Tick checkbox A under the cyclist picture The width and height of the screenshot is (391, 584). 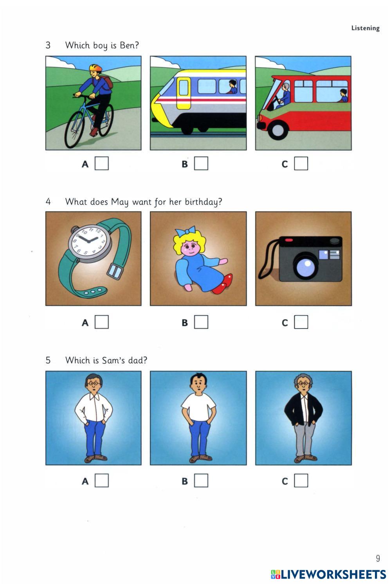tap(101, 164)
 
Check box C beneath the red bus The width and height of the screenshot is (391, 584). tap(301, 164)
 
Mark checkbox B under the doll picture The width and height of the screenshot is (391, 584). tap(201, 322)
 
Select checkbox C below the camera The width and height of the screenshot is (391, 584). tap(301, 322)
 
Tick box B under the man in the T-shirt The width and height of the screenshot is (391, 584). tap(201, 480)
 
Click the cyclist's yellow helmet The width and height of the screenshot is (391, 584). tap(95, 68)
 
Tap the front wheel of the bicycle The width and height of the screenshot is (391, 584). tap(74, 129)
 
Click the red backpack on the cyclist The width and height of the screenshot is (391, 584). tap(108, 82)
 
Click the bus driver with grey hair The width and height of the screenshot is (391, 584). tap(285, 94)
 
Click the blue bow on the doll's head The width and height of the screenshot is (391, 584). tap(186, 231)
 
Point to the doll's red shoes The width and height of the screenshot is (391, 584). tap(223, 284)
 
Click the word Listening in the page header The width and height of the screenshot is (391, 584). tap(365, 28)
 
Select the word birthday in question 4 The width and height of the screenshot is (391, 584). tap(204, 202)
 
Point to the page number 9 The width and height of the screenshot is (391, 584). tap(378, 558)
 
